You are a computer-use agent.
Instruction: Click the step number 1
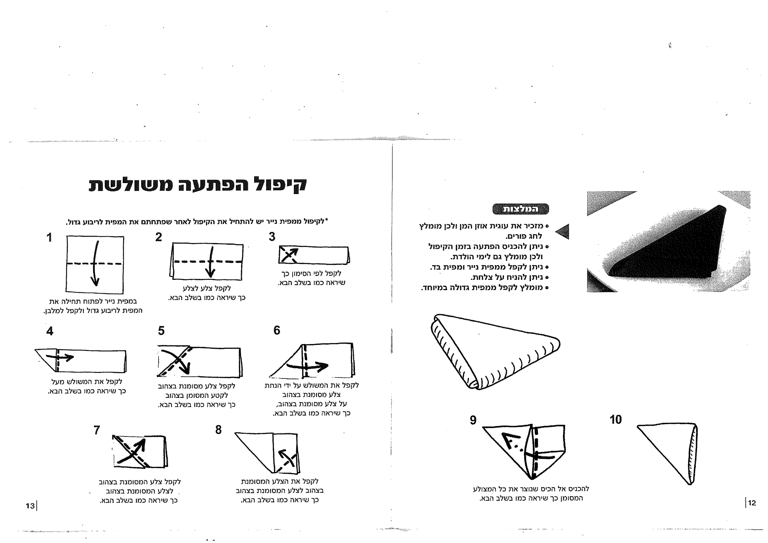49,238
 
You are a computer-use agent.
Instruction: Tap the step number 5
161,331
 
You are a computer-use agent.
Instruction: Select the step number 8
218,430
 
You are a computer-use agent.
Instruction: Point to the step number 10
615,419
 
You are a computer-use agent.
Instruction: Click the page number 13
30,506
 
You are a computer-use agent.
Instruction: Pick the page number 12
752,503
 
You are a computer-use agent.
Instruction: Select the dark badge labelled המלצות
520,209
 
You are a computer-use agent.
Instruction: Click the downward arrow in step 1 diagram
96,264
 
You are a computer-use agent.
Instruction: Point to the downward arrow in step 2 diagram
211,263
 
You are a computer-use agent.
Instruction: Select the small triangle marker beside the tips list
563,232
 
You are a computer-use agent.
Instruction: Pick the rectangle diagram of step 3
314,255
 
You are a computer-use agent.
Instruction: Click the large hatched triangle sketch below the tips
492,351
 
